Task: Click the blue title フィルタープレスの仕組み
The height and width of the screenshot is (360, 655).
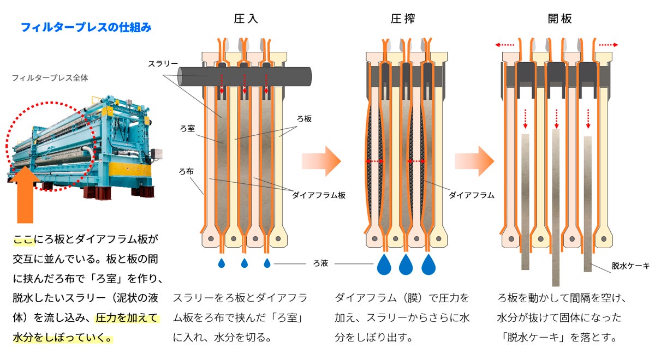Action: tap(86, 26)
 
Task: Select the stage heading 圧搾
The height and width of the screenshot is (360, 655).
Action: tap(403, 18)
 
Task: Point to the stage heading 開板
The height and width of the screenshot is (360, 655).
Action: tap(560, 18)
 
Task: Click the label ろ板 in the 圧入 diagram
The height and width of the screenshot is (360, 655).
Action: tap(304, 118)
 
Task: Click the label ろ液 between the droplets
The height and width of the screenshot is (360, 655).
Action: tap(320, 264)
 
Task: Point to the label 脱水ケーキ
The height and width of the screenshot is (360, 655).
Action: tap(630, 266)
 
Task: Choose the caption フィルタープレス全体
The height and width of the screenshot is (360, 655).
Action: tap(50, 78)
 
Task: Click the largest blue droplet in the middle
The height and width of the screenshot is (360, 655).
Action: tap(405, 264)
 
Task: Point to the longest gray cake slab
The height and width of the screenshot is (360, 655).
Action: tap(556, 207)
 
